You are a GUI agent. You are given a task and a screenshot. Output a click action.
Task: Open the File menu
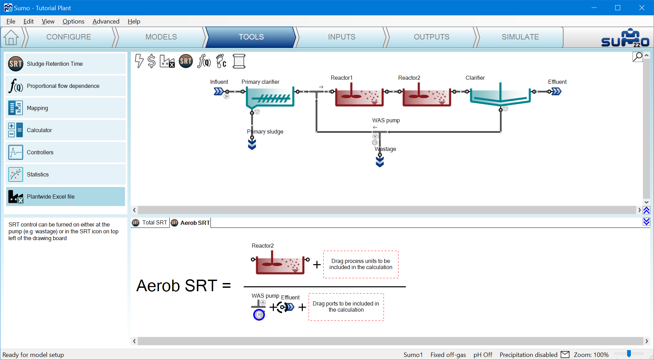tap(11, 21)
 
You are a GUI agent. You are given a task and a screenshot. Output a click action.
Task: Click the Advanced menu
tap(106, 21)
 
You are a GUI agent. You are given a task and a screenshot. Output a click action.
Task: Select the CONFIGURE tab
tap(69, 37)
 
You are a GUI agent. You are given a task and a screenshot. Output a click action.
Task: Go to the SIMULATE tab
tap(520, 37)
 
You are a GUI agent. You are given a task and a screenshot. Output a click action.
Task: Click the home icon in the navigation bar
tap(11, 37)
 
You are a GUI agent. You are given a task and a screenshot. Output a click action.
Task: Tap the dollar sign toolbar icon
tap(152, 61)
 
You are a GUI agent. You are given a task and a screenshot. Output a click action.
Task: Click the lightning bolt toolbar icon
tap(139, 61)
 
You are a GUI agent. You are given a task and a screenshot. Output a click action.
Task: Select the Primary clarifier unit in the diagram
tap(270, 97)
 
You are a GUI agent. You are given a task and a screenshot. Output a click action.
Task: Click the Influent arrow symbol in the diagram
tap(218, 91)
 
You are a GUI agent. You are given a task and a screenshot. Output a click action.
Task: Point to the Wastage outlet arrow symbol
tap(380, 161)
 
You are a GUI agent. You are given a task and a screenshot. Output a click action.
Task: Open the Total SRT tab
tap(150, 223)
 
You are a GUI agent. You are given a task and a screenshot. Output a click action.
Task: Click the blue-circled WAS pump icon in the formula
tap(259, 315)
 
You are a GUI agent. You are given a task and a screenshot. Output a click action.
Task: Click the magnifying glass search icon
tap(638, 57)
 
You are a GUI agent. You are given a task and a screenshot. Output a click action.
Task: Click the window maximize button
tap(618, 7)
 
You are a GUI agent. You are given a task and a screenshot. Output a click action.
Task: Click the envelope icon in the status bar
tap(565, 355)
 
